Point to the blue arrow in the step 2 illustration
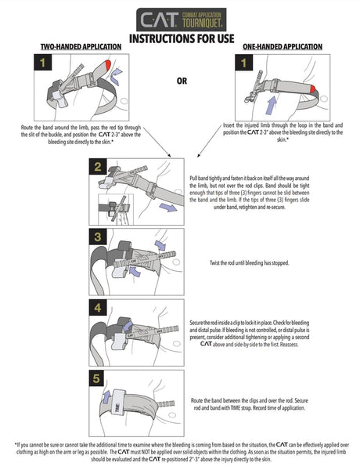point(167,208)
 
